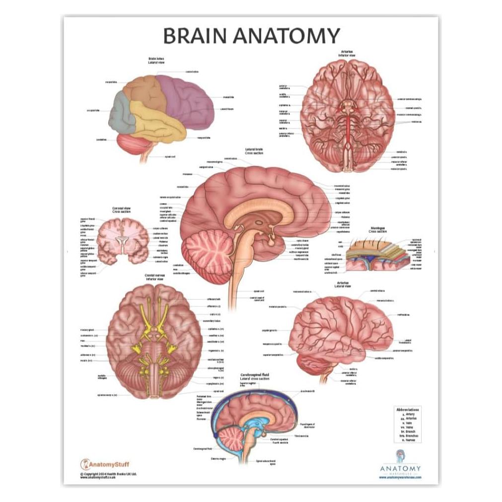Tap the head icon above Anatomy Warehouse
pyautogui.click(x=400, y=456)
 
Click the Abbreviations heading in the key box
pyautogui.click(x=408, y=410)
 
